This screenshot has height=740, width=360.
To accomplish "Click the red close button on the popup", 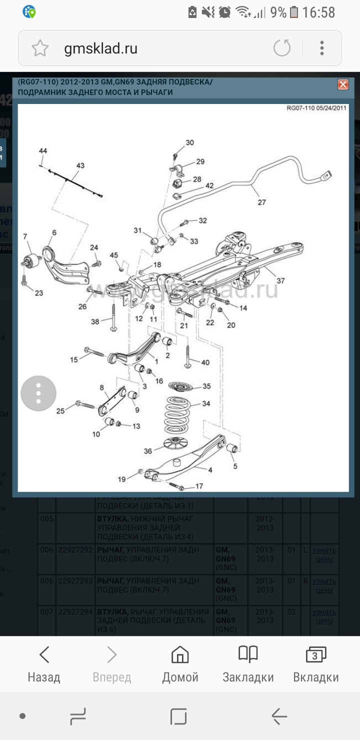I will [343, 84].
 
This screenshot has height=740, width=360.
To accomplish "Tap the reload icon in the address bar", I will [282, 48].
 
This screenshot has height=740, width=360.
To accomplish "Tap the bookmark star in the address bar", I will [40, 48].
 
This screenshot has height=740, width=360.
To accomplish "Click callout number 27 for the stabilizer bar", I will [262, 202].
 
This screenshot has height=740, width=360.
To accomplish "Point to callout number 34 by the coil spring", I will [206, 403].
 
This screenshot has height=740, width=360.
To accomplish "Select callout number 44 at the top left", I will [43, 151].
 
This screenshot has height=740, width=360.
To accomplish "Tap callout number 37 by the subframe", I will [280, 280].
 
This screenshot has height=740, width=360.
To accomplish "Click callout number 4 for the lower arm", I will [210, 470].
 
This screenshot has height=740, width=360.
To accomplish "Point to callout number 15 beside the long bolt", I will [74, 359].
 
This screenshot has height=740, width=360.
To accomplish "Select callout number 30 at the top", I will [189, 142].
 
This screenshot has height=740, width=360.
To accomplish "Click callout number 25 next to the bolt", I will [60, 411].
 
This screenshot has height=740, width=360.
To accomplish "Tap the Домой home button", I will [180, 664].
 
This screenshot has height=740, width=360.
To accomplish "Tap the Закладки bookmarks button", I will [248, 664].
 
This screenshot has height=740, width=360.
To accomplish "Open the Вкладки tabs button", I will [315, 664].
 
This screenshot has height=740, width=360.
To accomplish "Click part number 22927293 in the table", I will [75, 581].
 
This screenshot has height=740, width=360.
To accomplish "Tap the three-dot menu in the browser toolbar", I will [322, 48].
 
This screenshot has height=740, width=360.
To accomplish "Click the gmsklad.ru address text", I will [100, 48].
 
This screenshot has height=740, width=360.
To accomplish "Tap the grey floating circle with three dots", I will [38, 393].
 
